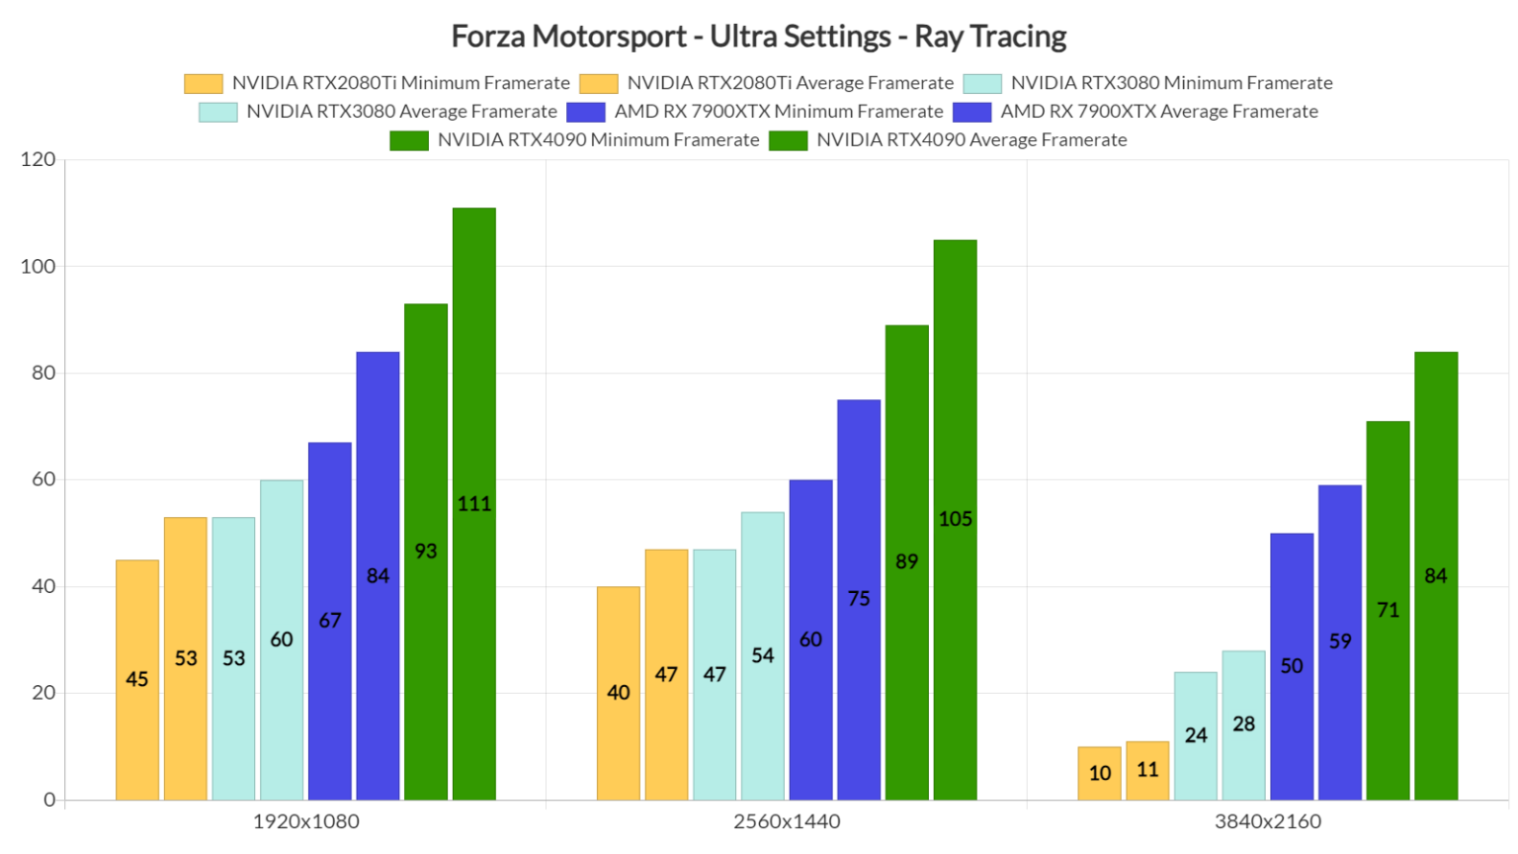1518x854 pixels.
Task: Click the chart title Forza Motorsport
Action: [758, 37]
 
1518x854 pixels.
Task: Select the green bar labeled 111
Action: [474, 504]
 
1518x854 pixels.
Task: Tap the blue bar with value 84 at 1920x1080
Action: [378, 575]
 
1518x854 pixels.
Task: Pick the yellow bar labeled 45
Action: [137, 679]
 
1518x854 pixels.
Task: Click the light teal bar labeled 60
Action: [282, 640]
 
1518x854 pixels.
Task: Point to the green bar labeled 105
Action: [955, 519]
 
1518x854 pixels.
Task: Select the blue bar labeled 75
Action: [859, 599]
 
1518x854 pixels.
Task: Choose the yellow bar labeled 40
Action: [619, 692]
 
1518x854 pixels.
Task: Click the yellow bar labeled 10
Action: [1099, 773]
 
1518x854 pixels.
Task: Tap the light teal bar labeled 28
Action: [1243, 725]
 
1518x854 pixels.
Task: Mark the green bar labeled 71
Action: [1388, 610]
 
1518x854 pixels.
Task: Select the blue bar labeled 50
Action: [1292, 665]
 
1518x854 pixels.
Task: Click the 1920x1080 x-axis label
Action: [306, 821]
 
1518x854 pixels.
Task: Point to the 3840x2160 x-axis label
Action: [1268, 821]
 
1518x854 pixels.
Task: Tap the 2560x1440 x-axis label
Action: [787, 821]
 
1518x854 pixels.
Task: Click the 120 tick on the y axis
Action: [38, 159]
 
